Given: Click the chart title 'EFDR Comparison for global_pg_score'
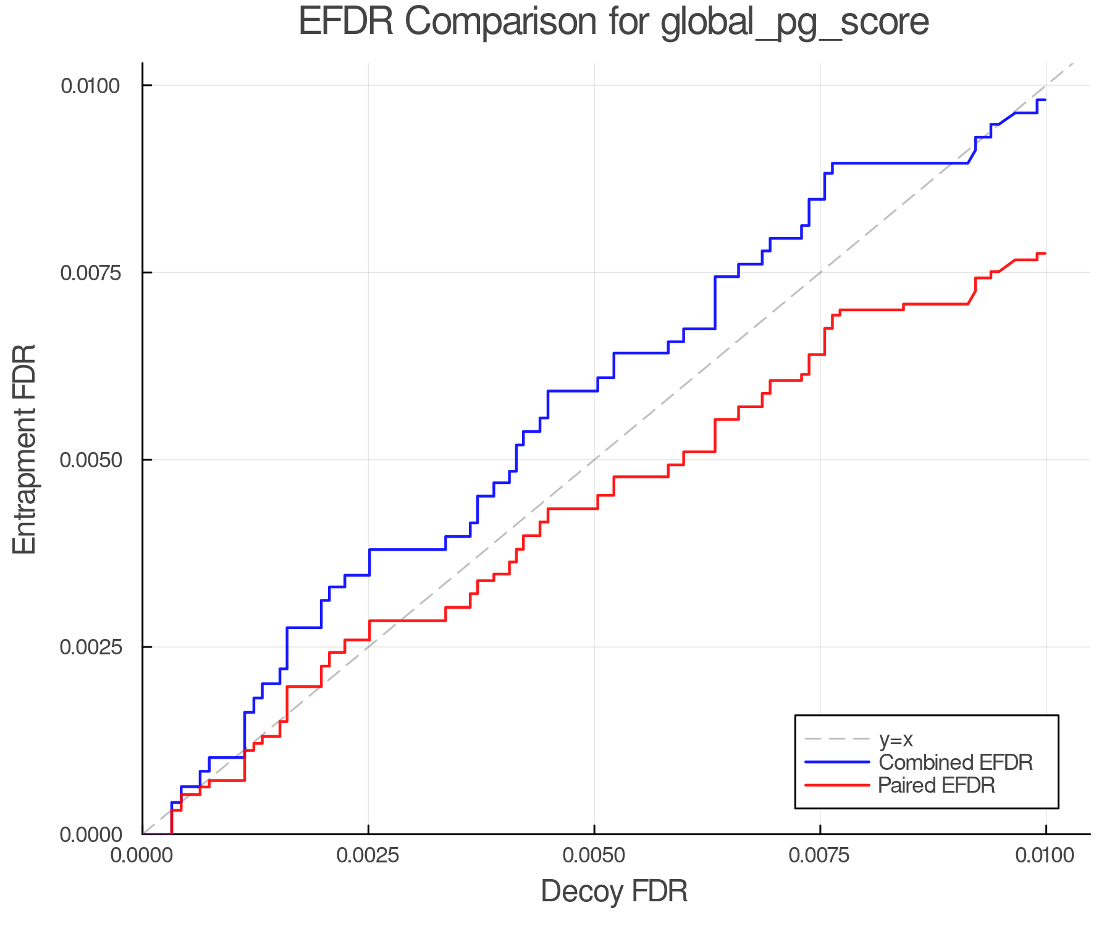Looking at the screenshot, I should point(613,22).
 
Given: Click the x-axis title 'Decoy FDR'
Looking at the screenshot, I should point(614,891).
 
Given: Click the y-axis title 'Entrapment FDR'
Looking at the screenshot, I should point(25,449).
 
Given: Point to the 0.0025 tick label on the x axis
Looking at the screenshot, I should point(368,856).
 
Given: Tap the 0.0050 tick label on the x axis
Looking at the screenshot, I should point(594,856).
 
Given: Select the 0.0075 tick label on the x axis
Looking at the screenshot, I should point(820,856).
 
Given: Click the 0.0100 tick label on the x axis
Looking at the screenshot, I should point(1046,856).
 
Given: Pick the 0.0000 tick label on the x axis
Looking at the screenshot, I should point(142,856).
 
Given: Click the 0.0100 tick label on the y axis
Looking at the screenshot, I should point(90,86).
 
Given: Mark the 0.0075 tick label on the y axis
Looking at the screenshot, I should point(90,273).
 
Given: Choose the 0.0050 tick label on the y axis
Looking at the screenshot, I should point(90,460).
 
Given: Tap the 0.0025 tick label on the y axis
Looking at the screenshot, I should point(90,647).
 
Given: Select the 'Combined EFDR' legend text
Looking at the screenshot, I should point(955,762).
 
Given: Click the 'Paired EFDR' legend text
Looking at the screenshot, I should point(937,785).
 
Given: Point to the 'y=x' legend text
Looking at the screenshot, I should point(896,739).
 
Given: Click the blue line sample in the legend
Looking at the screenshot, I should point(837,762).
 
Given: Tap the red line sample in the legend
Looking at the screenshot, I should point(837,785).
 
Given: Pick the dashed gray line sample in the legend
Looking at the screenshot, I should point(837,739).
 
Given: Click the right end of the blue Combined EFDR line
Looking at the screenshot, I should point(1045,99).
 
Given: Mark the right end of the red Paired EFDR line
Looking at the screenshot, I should point(1045,253).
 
